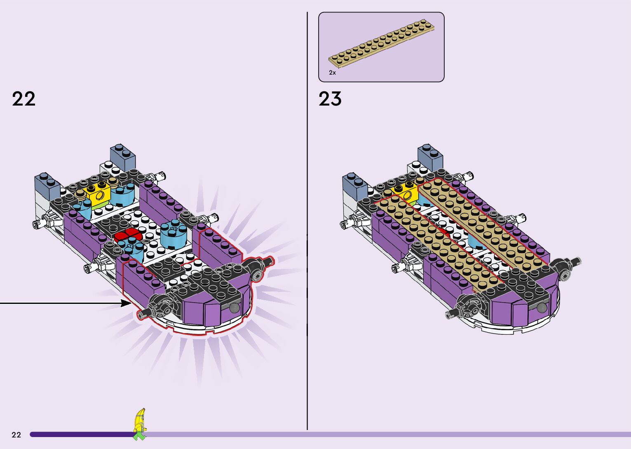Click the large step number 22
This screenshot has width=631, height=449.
coord(23,99)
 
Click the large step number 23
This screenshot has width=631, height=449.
coord(330,99)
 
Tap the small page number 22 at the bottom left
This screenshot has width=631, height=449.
coord(16,435)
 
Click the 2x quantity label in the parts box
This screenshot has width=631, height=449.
coord(333,73)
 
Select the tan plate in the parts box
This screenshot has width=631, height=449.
coord(381,43)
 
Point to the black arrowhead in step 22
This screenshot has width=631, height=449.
coord(126,303)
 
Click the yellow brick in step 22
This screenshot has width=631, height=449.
coord(99,191)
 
